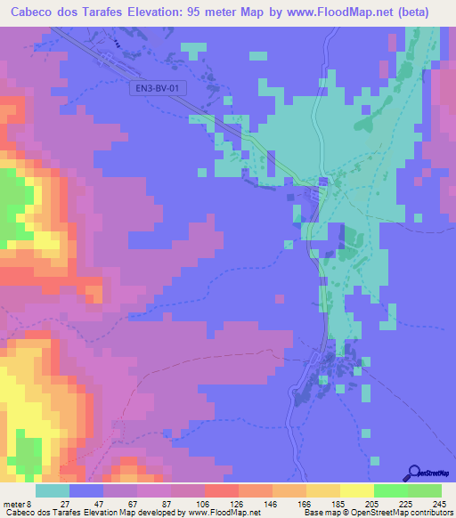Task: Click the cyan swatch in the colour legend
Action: click(x=53, y=490)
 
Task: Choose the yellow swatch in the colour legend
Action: click(x=357, y=490)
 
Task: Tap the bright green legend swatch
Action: click(x=391, y=490)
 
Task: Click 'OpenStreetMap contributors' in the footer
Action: click(x=404, y=513)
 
